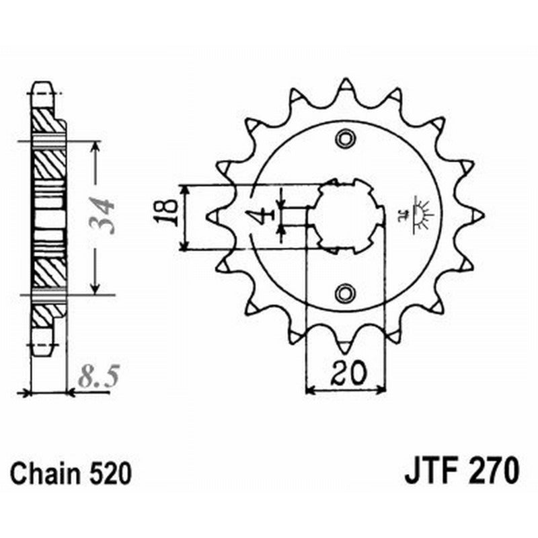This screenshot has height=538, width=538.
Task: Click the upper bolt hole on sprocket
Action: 346,139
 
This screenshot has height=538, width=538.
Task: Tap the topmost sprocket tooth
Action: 346,85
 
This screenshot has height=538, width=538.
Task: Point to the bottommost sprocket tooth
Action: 346,346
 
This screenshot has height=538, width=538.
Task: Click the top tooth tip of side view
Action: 42,85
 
